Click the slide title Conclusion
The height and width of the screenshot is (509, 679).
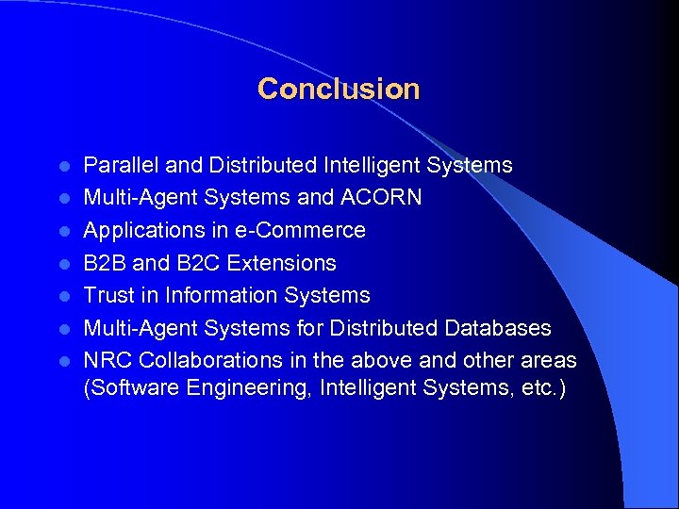(x=339, y=90)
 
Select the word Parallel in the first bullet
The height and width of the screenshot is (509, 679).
(x=121, y=166)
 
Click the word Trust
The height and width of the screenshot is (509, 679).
(x=108, y=295)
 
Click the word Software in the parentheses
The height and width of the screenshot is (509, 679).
(x=125, y=388)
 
